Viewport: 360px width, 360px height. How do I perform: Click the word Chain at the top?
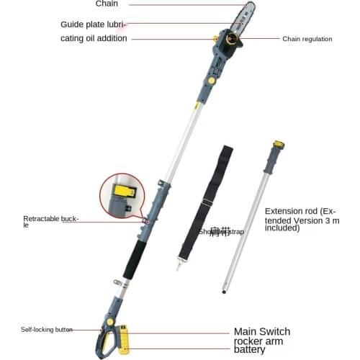107,4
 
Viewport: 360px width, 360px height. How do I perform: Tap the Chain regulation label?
307,39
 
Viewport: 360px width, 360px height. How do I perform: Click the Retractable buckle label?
50,220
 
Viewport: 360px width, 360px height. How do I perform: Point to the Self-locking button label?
47,330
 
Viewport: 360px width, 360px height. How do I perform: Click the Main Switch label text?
262,332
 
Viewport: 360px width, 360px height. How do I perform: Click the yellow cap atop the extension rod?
279,145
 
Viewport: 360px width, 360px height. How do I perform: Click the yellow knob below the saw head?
212,81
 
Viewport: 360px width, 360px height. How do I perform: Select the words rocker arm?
260,341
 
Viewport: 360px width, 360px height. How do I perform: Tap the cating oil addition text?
94,38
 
